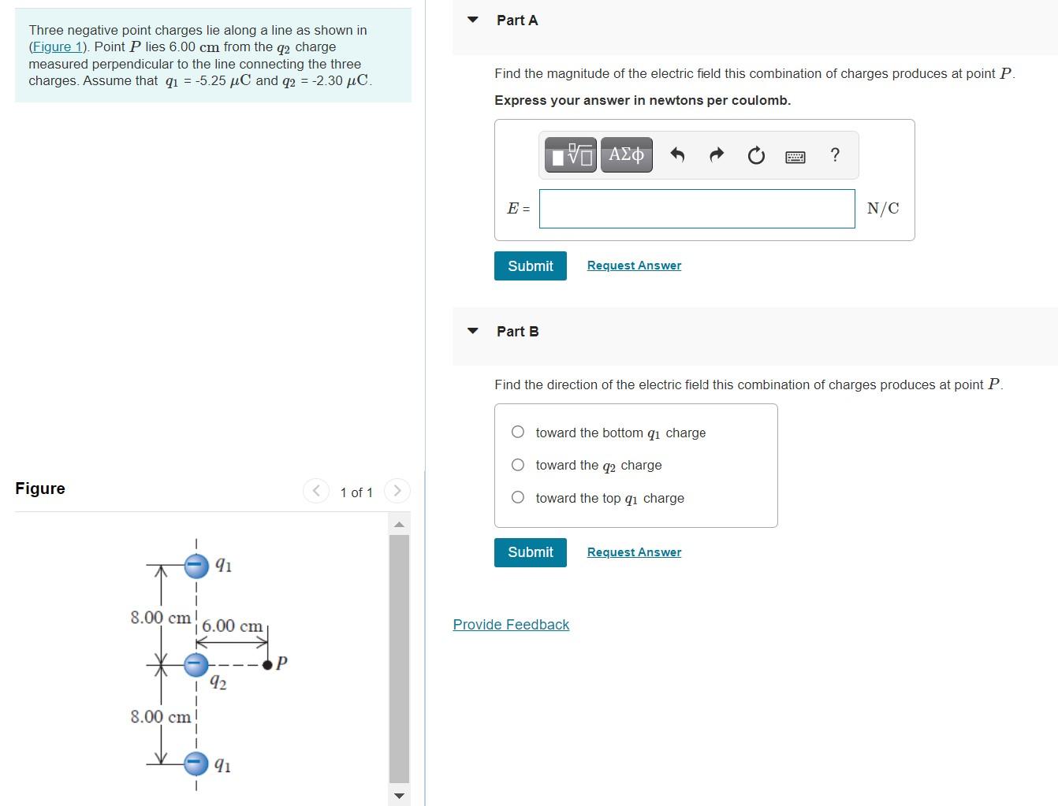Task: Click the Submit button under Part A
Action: tap(530, 266)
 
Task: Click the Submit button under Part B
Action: tap(530, 552)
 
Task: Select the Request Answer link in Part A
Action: tap(634, 266)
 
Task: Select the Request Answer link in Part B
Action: tap(634, 552)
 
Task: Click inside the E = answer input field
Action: tap(696, 209)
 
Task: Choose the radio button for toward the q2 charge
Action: tap(518, 465)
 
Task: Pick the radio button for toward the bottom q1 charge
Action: tap(518, 432)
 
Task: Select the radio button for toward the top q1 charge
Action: tap(518, 497)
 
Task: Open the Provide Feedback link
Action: tap(511, 625)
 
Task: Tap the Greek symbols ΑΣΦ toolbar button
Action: tap(626, 155)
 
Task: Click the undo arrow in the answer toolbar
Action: tap(676, 155)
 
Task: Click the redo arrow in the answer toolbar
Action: tap(716, 155)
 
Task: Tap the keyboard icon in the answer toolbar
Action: tap(795, 157)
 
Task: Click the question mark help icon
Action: tap(835, 155)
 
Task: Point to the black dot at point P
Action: tap(268, 665)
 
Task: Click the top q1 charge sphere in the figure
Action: tap(196, 565)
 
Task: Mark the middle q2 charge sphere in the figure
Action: tap(196, 665)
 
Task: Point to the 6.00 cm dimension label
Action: tap(232, 626)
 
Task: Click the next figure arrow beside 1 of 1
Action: tap(397, 491)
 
